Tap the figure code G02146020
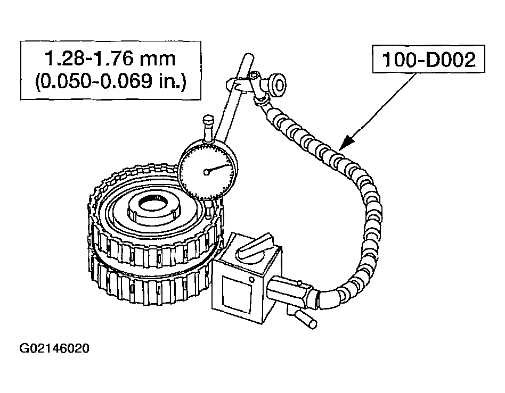pos(54,349)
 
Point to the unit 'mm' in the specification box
pos(160,58)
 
